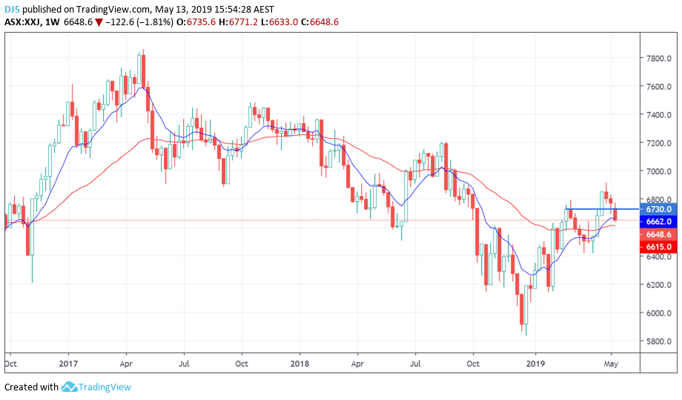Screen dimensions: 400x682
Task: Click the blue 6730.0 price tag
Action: tap(658, 210)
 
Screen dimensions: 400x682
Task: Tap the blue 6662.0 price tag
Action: tap(658, 222)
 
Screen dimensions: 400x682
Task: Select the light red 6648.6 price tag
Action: tap(658, 234)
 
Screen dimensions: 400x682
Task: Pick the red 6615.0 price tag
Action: tap(658, 246)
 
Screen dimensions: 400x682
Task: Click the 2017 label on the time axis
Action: tap(68, 364)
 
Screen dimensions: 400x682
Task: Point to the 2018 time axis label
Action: tap(299, 364)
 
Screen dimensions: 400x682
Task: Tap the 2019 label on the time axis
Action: tap(535, 364)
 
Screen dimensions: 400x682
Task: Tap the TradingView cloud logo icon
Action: tap(70, 387)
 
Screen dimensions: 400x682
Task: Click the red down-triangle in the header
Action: tap(99, 22)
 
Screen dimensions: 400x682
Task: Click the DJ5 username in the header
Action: tap(13, 9)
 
